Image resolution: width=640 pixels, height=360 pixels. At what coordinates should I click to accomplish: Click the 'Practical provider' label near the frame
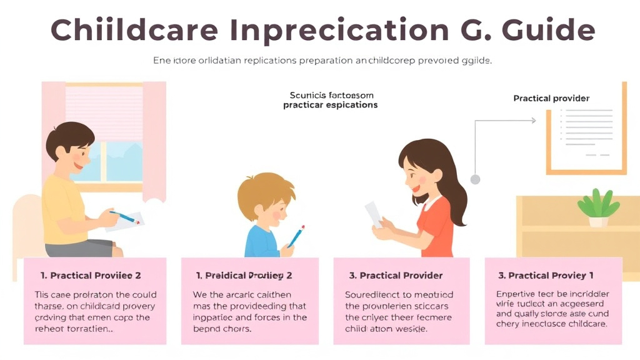[551, 98]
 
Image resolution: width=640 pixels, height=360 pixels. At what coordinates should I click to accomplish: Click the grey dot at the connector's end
[475, 179]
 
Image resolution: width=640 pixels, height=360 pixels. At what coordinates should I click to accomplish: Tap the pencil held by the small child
[296, 236]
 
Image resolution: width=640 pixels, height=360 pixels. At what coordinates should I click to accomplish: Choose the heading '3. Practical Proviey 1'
[546, 276]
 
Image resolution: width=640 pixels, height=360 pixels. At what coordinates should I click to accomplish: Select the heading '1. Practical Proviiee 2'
[91, 276]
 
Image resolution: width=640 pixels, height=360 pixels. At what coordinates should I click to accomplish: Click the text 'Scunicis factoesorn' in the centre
[331, 95]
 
